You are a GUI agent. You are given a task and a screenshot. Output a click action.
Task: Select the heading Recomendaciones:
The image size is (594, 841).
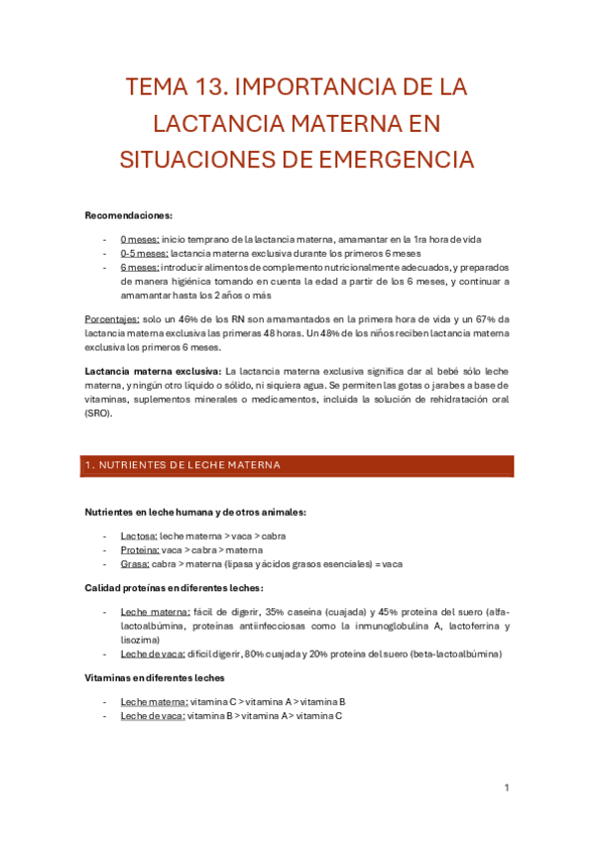(129, 215)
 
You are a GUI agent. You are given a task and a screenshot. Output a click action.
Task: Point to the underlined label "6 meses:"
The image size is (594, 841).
(140, 268)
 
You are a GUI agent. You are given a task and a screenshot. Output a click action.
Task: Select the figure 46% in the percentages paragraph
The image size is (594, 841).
(184, 319)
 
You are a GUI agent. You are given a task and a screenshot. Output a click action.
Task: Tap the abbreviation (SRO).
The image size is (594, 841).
(99, 414)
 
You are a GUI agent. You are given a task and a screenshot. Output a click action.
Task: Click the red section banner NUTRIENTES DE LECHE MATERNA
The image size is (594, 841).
(298, 465)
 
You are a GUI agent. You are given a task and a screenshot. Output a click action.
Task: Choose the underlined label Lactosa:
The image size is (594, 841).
(139, 536)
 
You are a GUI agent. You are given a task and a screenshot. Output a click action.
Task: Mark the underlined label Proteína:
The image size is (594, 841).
(140, 549)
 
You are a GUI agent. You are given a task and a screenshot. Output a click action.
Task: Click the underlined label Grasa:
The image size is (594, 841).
(135, 563)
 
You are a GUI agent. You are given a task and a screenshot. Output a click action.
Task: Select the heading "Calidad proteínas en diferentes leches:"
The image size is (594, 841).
(175, 588)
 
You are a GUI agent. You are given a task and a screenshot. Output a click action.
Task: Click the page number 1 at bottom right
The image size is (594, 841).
(507, 787)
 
